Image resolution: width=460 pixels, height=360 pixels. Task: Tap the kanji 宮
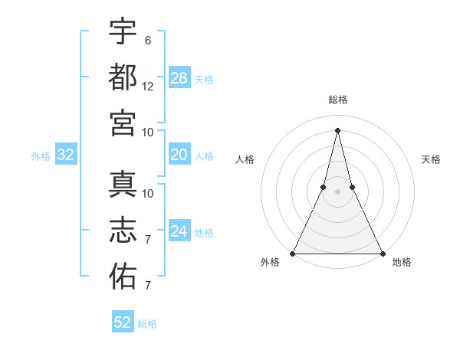point(123,123)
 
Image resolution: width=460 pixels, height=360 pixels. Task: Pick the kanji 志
point(123,231)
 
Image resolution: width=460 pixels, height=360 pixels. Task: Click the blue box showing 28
point(179,77)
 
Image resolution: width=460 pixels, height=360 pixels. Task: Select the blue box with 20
point(179,155)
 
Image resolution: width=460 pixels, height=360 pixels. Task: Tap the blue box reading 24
point(179,232)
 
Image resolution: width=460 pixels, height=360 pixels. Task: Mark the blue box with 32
point(66,155)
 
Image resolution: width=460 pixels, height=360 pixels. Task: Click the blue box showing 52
point(123,322)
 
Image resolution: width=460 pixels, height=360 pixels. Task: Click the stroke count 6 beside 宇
point(147,41)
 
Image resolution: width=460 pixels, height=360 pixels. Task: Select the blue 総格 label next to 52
point(147,324)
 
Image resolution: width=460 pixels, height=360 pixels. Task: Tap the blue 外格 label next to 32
point(41,156)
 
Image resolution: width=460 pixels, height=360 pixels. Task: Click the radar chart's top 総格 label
point(337,100)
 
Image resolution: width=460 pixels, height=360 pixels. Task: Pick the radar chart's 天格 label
point(432,159)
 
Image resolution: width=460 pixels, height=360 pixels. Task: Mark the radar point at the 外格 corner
point(293,254)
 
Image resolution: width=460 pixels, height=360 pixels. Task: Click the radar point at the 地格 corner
point(382,254)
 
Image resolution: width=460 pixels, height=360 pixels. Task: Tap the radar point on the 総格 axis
point(337,129)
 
